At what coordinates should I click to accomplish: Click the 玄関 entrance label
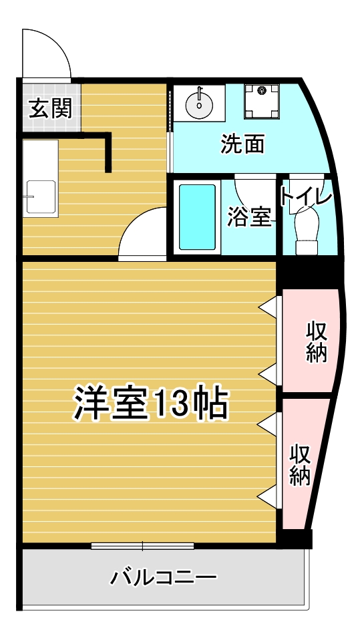tap(50, 108)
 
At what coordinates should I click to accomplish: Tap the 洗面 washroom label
tap(242, 144)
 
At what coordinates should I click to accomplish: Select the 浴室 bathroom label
tap(248, 216)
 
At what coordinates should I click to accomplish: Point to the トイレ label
tap(305, 198)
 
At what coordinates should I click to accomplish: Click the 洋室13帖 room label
tap(151, 402)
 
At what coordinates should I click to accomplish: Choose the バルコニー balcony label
tap(164, 577)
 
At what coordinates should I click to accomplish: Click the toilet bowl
tap(307, 227)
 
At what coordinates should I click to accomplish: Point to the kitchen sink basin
tap(40, 197)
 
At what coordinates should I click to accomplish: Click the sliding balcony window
tap(142, 546)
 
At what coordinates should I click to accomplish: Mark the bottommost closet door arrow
tap(268, 495)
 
